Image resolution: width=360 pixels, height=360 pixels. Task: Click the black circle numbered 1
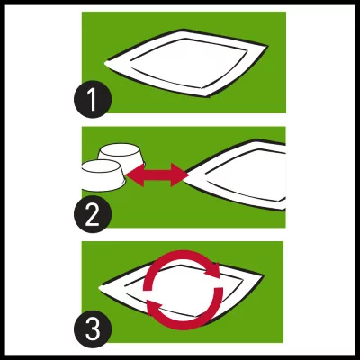pos(93,99)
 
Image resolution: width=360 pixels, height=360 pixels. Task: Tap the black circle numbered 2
pos(93,214)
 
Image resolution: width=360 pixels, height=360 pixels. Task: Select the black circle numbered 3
pos(93,329)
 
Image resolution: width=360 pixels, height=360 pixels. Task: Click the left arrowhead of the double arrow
pos(134,175)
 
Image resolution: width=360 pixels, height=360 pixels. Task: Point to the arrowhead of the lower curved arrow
pos(154,307)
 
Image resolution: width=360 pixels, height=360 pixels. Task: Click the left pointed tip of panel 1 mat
pos(104,63)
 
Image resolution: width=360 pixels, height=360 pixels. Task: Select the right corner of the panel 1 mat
pos(267,46)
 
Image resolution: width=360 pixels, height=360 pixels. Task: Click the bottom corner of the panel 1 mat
pos(209,97)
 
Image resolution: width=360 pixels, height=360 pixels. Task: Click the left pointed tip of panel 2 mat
pos(187,175)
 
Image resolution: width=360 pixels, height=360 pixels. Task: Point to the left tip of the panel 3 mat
pos(99,288)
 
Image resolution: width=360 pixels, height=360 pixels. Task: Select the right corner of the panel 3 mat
pos(264,274)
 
